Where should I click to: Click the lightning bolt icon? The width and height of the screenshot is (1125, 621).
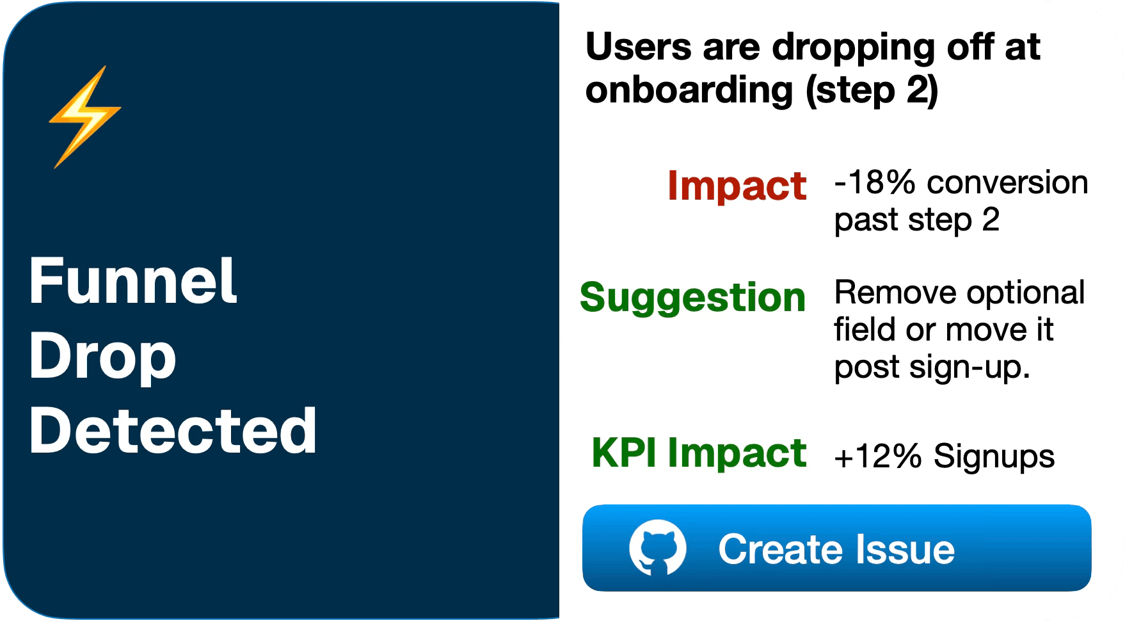(84, 117)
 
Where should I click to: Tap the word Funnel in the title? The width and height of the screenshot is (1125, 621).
(133, 281)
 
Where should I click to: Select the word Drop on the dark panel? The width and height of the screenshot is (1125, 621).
(102, 356)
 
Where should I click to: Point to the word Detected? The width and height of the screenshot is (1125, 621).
(173, 431)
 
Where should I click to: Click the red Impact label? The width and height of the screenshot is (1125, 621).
(737, 186)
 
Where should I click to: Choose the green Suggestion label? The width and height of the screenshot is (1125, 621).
(692, 298)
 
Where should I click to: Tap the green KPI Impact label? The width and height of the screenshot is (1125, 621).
(699, 453)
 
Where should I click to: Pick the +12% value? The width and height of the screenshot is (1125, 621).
(877, 457)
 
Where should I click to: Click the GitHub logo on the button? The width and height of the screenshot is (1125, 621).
(657, 548)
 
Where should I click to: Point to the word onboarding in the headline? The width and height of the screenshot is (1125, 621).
(689, 90)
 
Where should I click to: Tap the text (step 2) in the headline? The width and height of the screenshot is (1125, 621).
(872, 90)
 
